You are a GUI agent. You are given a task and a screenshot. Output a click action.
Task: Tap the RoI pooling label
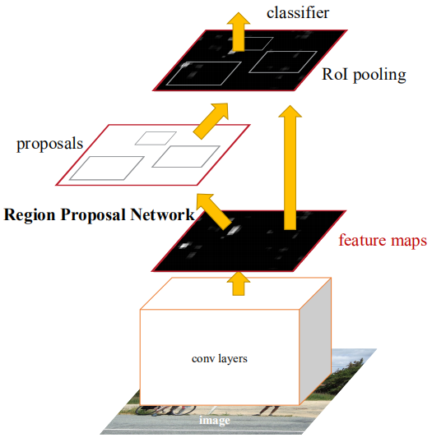pos(364,76)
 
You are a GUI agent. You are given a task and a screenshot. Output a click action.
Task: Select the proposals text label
pos(49,144)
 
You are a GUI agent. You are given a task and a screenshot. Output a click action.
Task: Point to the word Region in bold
pos(26,215)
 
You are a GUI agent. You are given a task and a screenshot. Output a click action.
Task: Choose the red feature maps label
pos(383,242)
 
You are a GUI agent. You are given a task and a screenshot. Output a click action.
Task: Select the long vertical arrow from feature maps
pos(288,164)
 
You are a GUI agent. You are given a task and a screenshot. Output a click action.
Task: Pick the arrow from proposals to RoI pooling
pos(211,118)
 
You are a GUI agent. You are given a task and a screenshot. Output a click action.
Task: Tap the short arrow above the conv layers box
pos(238,282)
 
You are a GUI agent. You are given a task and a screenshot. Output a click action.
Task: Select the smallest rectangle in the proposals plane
pos(151,137)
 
